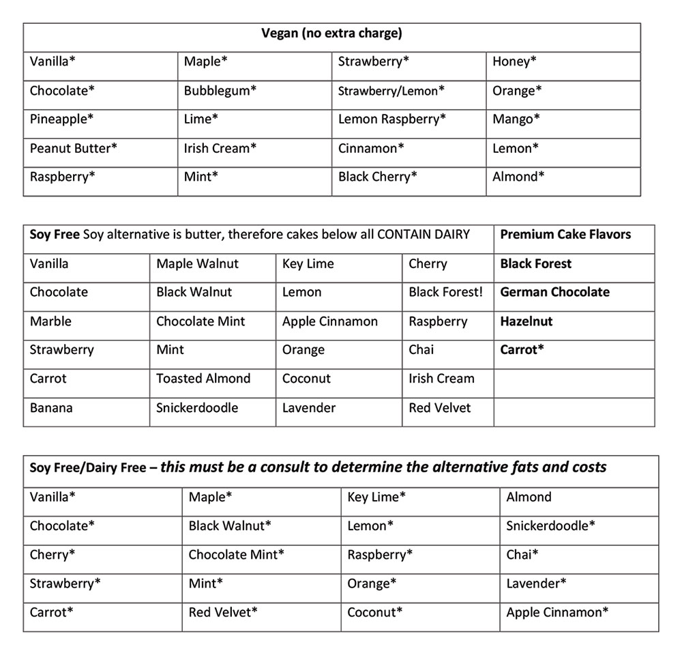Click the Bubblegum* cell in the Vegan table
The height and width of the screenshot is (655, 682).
click(x=220, y=90)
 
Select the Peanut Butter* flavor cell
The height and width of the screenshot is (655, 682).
click(x=74, y=148)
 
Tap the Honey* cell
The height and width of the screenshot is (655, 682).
click(x=514, y=61)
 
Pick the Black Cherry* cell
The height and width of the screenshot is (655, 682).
click(x=378, y=177)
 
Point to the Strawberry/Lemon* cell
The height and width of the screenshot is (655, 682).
click(x=391, y=90)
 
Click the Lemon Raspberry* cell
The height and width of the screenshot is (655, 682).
click(x=392, y=119)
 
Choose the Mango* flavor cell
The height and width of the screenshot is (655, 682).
click(x=516, y=119)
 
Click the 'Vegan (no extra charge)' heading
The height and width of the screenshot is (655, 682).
click(x=331, y=33)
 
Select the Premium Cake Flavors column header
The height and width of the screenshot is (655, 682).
click(x=565, y=234)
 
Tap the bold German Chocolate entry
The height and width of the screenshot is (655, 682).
click(x=554, y=292)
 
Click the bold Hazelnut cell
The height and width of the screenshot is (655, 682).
click(x=527, y=321)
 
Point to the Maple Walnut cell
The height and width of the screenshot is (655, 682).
click(x=198, y=263)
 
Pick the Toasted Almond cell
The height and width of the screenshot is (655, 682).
click(x=203, y=379)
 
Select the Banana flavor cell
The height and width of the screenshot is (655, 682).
click(x=51, y=408)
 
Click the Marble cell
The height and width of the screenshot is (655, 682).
click(x=50, y=321)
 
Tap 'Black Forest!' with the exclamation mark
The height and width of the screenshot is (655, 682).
click(x=445, y=292)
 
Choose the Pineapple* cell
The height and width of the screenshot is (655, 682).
click(x=62, y=119)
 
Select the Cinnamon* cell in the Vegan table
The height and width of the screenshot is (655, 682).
click(x=371, y=148)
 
